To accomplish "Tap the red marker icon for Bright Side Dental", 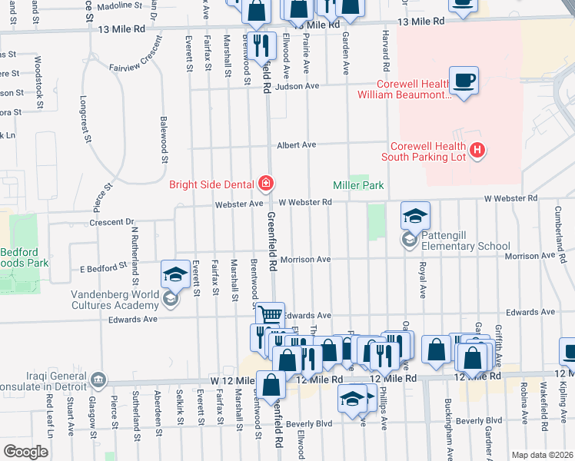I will click(x=266, y=183).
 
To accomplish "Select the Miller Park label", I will click(x=357, y=185).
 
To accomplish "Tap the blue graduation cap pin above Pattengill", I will click(x=414, y=216).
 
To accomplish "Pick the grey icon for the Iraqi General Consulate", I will click(x=98, y=379).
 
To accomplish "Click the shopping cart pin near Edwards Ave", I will click(x=270, y=316).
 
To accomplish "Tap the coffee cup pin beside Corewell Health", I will click(x=464, y=81).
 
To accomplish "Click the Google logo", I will click(x=25, y=451).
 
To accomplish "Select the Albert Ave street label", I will click(x=297, y=144).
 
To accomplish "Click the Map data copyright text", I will click(x=543, y=455).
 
